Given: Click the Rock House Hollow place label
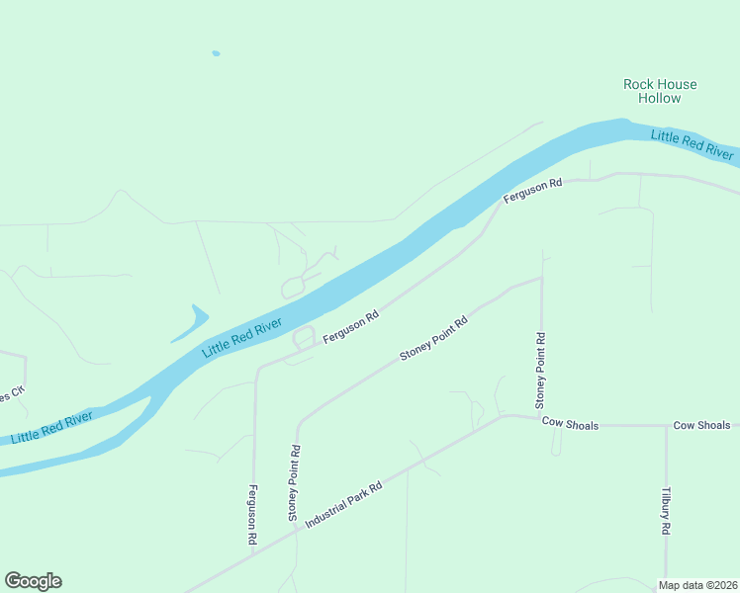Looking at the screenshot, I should (660, 91).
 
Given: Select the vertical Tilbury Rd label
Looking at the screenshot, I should (666, 510).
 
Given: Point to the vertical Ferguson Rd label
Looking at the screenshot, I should (254, 516).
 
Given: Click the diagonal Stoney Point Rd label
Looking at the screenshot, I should (432, 339).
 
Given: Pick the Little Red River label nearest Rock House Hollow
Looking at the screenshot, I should (693, 144).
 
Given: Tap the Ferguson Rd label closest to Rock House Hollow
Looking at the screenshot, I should (532, 190).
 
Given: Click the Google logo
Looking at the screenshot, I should (33, 581).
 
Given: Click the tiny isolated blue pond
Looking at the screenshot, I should (216, 53).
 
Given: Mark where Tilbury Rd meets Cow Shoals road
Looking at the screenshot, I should (666, 426).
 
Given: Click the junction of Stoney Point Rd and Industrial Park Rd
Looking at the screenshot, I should (296, 532).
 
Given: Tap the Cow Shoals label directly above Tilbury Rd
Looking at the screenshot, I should (701, 425).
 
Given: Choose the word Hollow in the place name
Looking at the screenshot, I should (660, 98).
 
